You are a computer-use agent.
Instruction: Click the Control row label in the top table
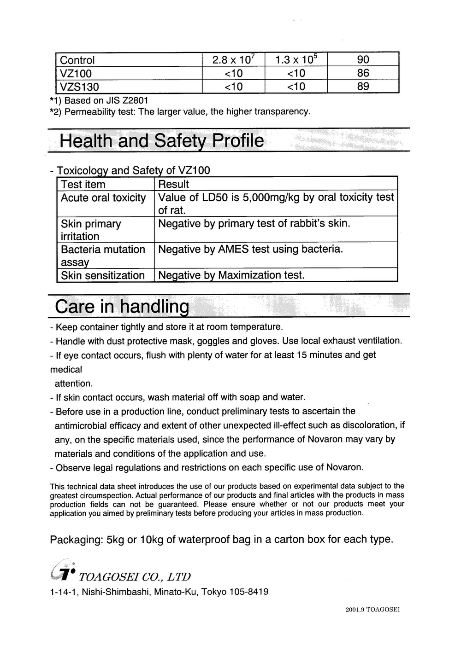[x=77, y=60]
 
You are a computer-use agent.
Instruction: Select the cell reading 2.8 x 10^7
[x=233, y=60]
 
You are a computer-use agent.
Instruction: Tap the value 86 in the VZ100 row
[x=363, y=73]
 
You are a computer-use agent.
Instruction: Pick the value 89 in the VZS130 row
[x=363, y=87]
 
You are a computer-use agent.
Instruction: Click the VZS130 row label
[x=80, y=87]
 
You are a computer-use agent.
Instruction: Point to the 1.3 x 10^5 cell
[x=296, y=60]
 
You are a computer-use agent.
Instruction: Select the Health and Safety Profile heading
[x=162, y=141]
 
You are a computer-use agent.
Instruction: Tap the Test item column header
[x=83, y=185]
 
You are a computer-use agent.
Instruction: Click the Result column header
[x=173, y=185]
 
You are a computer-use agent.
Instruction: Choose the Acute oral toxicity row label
[x=103, y=198]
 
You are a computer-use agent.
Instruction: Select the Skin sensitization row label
[x=103, y=276]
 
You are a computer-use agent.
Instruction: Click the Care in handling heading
[x=122, y=307]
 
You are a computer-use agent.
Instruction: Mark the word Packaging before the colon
[x=75, y=540]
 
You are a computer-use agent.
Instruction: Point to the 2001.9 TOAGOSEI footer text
[x=372, y=610]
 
